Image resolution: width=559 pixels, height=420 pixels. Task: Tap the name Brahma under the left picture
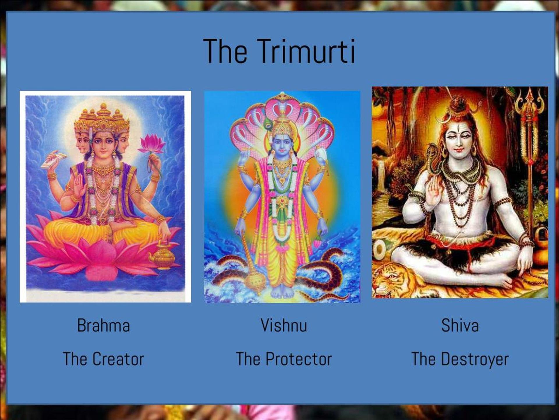point(103,325)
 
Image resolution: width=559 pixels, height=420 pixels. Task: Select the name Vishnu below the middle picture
point(284,325)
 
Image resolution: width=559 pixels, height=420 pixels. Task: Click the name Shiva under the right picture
point(460,325)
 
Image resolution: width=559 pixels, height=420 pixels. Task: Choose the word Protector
point(299,359)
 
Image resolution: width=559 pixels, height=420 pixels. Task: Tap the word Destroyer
point(475,359)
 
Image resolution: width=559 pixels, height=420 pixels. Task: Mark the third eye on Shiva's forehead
point(459,128)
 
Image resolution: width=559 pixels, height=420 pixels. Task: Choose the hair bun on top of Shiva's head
point(457,104)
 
